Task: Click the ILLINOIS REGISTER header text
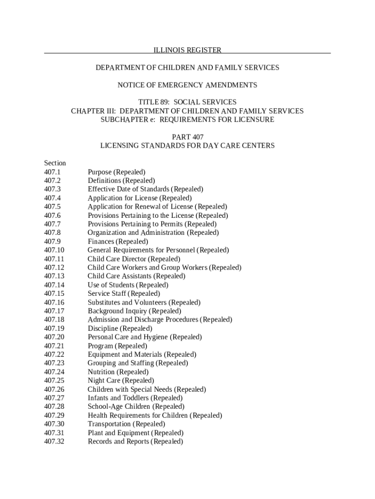pos(187,50)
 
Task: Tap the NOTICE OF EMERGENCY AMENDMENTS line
pos(187,85)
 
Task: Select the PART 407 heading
pos(187,137)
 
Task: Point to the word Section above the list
pos(55,163)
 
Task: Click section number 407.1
pos(52,172)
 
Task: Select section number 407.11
pos(54,259)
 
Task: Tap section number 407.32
pos(54,441)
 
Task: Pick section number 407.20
pos(54,337)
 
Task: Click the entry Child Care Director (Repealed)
pos(134,259)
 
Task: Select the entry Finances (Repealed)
pos(118,242)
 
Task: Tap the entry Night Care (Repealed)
pos(121,381)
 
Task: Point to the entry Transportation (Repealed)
pos(126,424)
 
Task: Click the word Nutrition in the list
pos(102,372)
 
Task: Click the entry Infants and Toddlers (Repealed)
pos(135,398)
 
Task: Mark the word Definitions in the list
pos(104,181)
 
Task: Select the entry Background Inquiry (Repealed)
pos(134,311)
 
